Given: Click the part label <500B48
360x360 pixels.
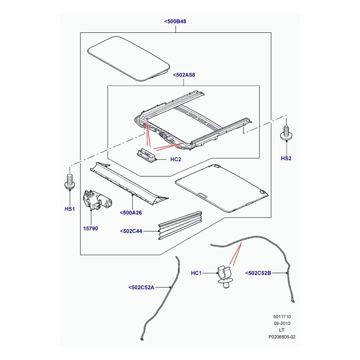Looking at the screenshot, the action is click(x=175, y=21).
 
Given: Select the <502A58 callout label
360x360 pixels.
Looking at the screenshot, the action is click(x=184, y=75).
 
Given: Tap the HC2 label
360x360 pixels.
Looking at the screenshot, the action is click(x=175, y=159).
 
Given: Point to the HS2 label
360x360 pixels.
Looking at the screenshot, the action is click(x=286, y=158).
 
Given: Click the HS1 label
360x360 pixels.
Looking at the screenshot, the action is click(x=70, y=209).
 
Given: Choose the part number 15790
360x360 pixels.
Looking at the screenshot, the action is click(x=90, y=229).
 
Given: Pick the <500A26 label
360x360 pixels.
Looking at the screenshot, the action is click(x=131, y=212).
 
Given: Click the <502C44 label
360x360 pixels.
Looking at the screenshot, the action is click(x=131, y=231).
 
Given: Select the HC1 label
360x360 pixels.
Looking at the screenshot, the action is click(x=196, y=273).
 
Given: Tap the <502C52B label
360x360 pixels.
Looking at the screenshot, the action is click(x=258, y=273).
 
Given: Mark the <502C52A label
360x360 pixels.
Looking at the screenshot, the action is click(x=141, y=288).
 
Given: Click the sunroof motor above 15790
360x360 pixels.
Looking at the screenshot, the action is click(x=97, y=199).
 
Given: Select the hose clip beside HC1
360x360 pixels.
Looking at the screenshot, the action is click(x=225, y=277).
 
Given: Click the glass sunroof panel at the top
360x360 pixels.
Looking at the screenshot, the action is click(x=129, y=59).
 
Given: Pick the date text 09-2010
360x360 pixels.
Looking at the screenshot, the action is click(x=282, y=323).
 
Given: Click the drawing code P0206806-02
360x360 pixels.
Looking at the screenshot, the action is click(x=282, y=337).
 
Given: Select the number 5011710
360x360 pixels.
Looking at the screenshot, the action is click(x=282, y=317).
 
